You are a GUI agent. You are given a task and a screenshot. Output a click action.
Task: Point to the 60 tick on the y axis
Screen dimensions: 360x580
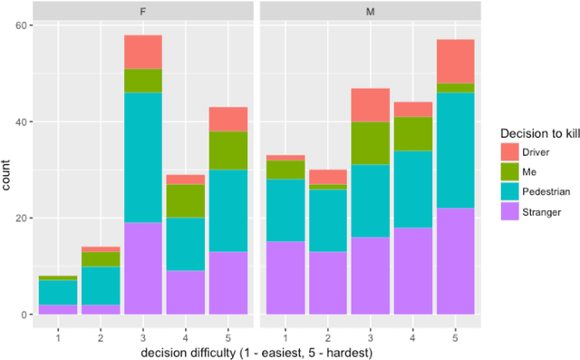tap(23, 25)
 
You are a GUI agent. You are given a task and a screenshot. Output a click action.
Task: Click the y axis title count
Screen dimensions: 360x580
tap(8, 170)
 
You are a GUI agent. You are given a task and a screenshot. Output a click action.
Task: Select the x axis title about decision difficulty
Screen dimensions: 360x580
tap(256, 352)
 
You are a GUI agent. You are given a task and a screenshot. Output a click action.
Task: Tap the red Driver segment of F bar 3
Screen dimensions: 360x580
tap(143, 52)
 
